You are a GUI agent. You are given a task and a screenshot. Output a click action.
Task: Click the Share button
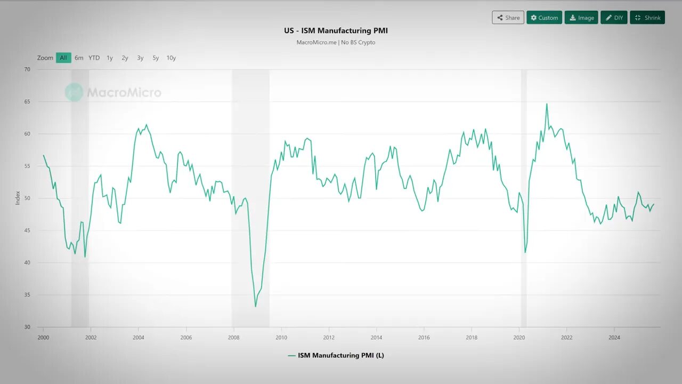508,18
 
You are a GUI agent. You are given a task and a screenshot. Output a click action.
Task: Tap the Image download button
581,18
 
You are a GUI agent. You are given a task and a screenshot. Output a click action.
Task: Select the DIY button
614,18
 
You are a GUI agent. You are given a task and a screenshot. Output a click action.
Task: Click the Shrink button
647,18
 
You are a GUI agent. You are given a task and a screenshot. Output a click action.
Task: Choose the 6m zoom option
79,58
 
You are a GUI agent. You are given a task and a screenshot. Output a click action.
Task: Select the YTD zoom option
94,58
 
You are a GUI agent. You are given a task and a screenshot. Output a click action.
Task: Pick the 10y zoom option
171,58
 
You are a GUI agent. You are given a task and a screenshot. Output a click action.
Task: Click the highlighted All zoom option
63,58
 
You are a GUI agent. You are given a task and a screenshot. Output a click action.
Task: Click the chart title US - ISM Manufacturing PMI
336,30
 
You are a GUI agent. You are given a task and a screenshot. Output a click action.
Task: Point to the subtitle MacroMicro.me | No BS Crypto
336,42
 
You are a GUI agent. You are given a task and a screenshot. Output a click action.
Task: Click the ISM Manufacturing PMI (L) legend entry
336,355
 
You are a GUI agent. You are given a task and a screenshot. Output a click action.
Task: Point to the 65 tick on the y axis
27,102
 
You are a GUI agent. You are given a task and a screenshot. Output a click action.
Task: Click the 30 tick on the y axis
27,327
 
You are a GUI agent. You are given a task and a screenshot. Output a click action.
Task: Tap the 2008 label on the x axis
233,337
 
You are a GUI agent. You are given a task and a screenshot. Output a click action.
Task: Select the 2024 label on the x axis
614,337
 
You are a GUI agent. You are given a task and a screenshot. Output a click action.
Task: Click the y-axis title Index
18,198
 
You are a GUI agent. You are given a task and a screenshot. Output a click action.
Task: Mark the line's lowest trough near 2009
255,306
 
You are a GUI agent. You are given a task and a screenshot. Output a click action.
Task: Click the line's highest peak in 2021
547,104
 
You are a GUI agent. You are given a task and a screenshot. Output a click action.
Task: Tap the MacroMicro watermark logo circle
74,92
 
